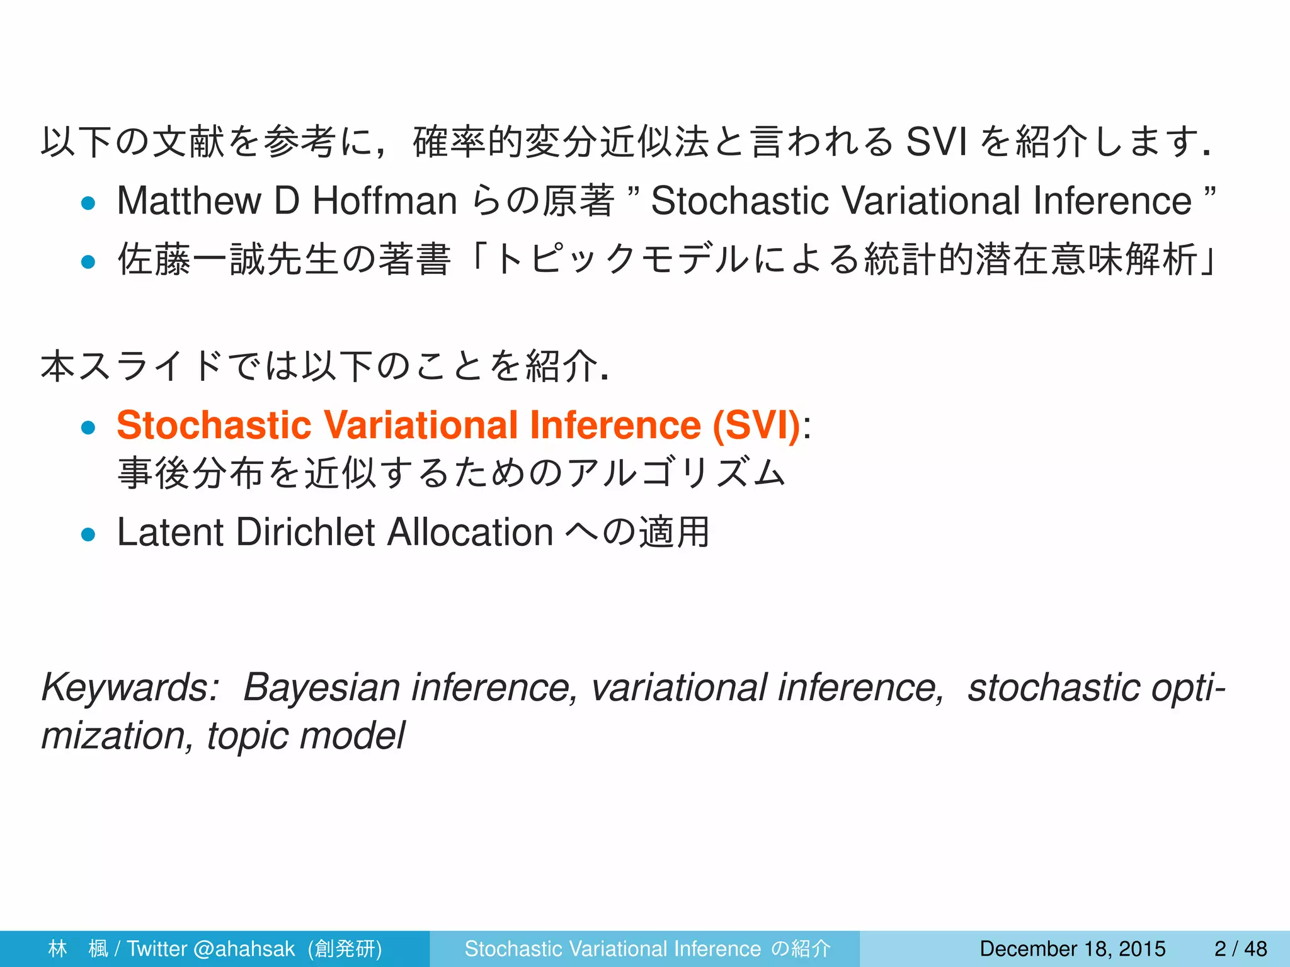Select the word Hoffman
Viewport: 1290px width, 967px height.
[385, 201]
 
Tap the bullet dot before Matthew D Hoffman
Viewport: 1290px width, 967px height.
[88, 203]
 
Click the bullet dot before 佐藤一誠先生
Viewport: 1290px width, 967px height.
[88, 261]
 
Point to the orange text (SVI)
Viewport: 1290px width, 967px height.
[756, 425]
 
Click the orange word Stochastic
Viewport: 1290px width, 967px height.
[214, 425]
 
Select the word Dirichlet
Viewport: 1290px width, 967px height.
[305, 533]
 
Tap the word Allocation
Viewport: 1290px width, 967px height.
[470, 533]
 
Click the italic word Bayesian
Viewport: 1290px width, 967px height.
[321, 687]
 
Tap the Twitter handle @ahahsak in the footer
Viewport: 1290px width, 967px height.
[244, 949]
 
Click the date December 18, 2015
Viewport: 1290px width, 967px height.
[1073, 949]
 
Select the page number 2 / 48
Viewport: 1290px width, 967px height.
[1241, 949]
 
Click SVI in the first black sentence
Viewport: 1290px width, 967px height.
[935, 142]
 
